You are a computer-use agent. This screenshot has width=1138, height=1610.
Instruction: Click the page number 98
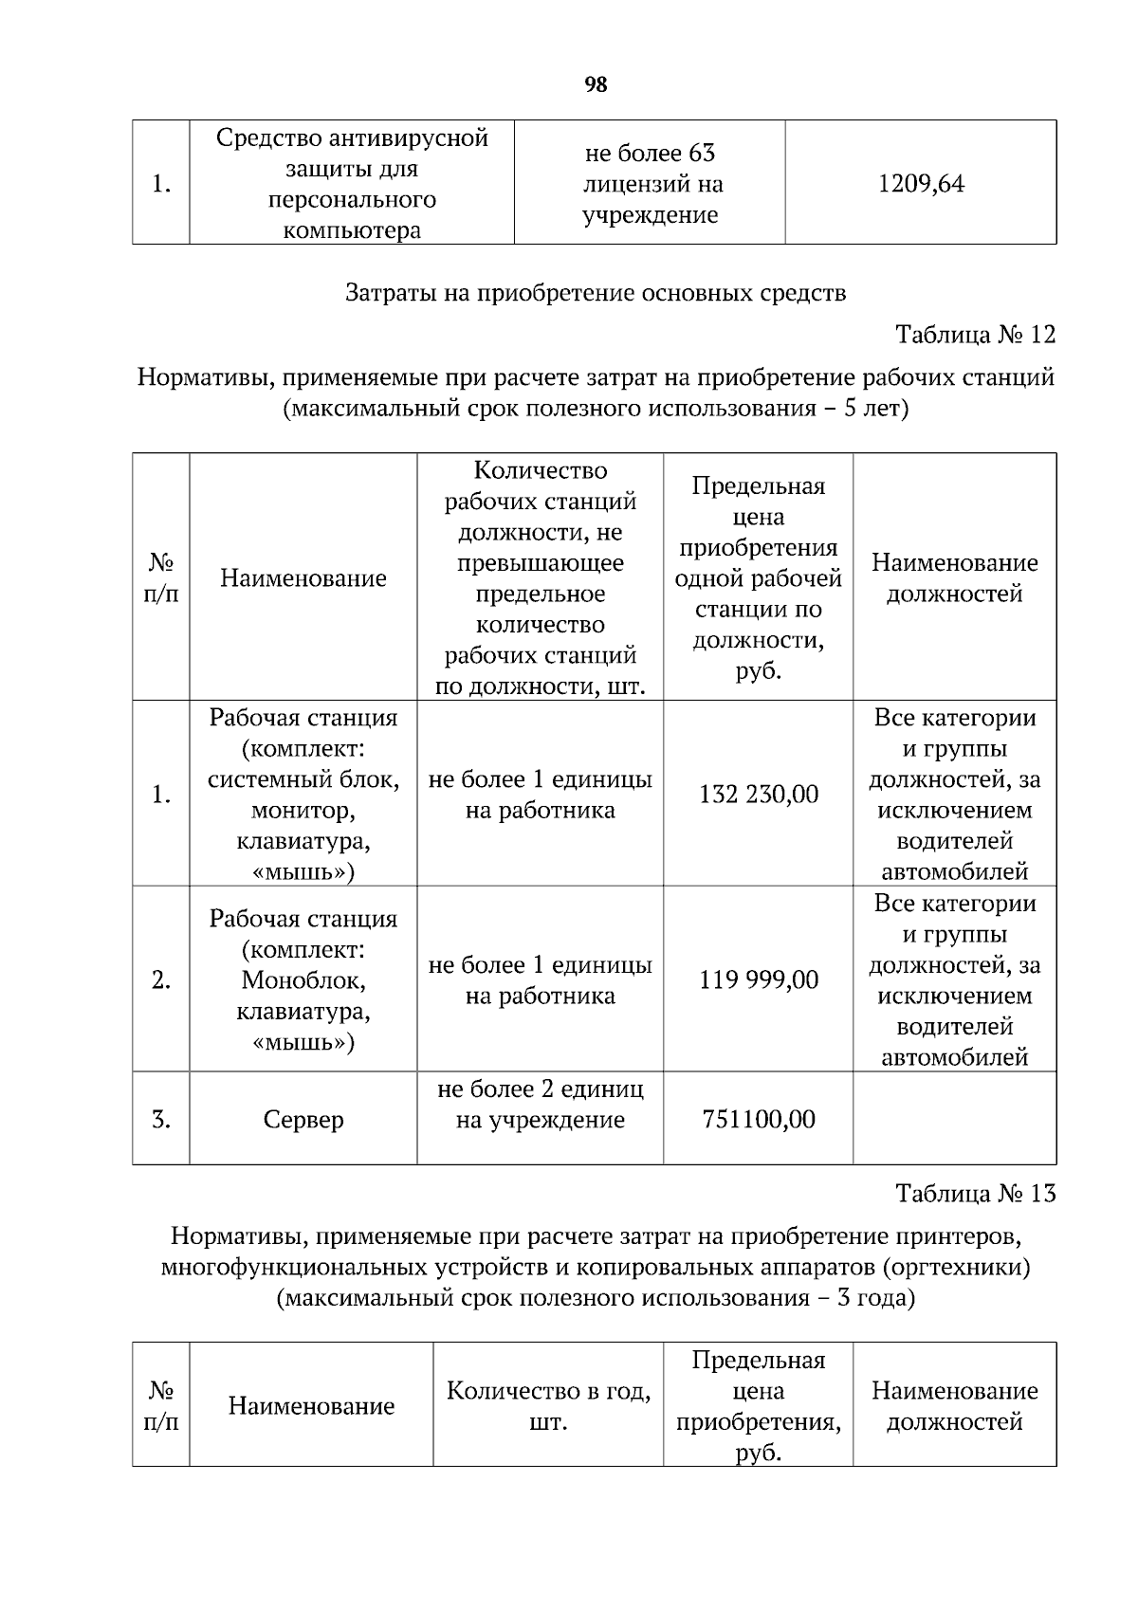click(596, 85)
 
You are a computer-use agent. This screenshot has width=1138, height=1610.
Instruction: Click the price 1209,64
click(921, 184)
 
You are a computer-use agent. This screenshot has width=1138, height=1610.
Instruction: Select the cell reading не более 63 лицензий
click(650, 184)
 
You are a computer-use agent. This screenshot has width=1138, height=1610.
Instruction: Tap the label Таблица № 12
click(975, 335)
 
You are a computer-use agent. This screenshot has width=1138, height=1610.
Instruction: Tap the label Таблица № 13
click(975, 1194)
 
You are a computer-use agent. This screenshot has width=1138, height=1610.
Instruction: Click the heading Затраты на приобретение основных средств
click(596, 293)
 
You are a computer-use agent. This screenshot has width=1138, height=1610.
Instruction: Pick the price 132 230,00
click(758, 795)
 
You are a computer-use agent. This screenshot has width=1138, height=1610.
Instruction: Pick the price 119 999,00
click(758, 979)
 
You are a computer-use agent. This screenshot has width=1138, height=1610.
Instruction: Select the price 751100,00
click(758, 1120)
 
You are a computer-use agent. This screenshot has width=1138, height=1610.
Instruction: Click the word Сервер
click(303, 1120)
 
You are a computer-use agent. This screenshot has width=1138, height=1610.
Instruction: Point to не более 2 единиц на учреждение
click(540, 1105)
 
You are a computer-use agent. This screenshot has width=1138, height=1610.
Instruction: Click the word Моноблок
click(303, 980)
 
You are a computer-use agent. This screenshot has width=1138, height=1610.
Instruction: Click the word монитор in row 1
click(303, 811)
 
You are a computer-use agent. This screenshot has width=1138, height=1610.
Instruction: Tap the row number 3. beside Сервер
click(161, 1120)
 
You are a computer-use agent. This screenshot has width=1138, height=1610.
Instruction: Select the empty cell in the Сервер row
click(954, 1119)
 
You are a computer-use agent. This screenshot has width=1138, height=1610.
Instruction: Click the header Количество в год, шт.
click(548, 1406)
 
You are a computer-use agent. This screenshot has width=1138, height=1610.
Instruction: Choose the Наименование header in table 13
click(311, 1406)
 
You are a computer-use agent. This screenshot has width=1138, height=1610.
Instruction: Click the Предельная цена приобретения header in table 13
click(758, 1406)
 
